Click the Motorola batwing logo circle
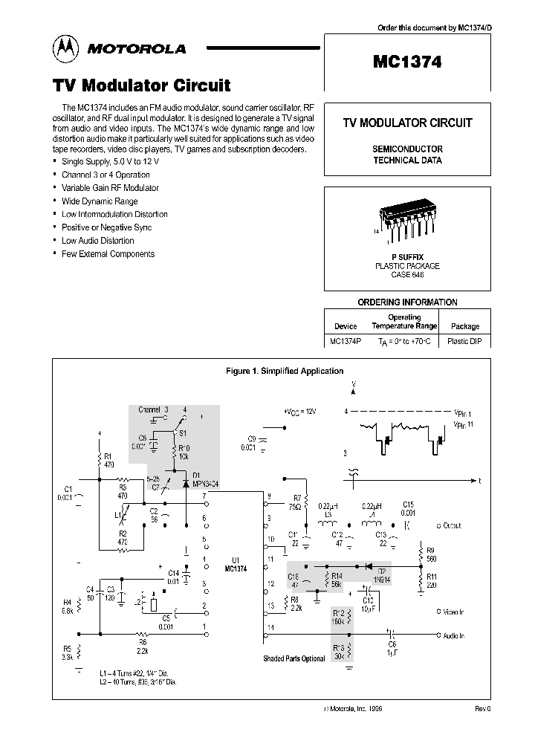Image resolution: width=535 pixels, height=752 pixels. pyautogui.click(x=65, y=48)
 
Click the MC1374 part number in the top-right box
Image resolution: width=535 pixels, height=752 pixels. pyautogui.click(x=407, y=63)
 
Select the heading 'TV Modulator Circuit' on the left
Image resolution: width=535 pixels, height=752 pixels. pyautogui.click(x=142, y=85)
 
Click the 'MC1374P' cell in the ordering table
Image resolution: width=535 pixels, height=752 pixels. pyautogui.click(x=346, y=342)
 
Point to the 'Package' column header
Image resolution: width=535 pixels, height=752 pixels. pyautogui.click(x=466, y=325)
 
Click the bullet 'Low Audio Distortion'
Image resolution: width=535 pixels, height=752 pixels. pyautogui.click(x=97, y=241)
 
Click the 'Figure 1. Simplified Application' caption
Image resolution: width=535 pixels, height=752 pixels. pyautogui.click(x=284, y=370)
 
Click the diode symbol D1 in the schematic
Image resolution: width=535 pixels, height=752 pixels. pyautogui.click(x=186, y=483)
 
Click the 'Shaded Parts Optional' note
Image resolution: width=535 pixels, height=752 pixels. pyautogui.click(x=294, y=658)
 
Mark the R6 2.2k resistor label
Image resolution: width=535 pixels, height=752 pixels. pyautogui.click(x=143, y=646)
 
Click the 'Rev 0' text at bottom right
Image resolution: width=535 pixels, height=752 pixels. pyautogui.click(x=482, y=709)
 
